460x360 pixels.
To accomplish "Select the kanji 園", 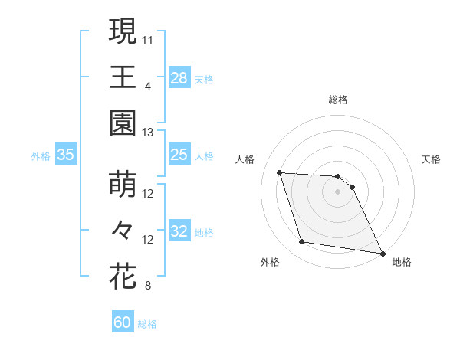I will tap(122, 123).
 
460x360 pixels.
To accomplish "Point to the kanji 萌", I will tap(122, 185).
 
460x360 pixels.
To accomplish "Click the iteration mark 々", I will tap(122, 230).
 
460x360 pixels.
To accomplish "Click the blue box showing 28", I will tap(179, 78).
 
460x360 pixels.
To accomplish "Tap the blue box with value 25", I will tap(179, 155).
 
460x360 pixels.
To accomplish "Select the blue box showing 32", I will tap(179, 232).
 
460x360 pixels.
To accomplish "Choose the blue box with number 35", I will tap(66, 155).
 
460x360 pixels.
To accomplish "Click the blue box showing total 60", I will tap(123, 322).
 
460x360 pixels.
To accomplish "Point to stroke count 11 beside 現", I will tap(148, 39).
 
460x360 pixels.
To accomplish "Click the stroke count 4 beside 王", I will tap(148, 86).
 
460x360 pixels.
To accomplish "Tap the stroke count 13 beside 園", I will tap(148, 133).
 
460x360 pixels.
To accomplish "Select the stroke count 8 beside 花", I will tap(148, 286).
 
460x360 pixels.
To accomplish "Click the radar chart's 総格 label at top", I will tap(338, 100).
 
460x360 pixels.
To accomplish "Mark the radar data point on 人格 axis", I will tap(280, 172).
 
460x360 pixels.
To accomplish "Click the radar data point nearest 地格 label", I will tap(382, 252).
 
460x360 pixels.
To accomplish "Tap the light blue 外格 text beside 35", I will tap(41, 156).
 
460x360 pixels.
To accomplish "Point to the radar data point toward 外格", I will tap(302, 242).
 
